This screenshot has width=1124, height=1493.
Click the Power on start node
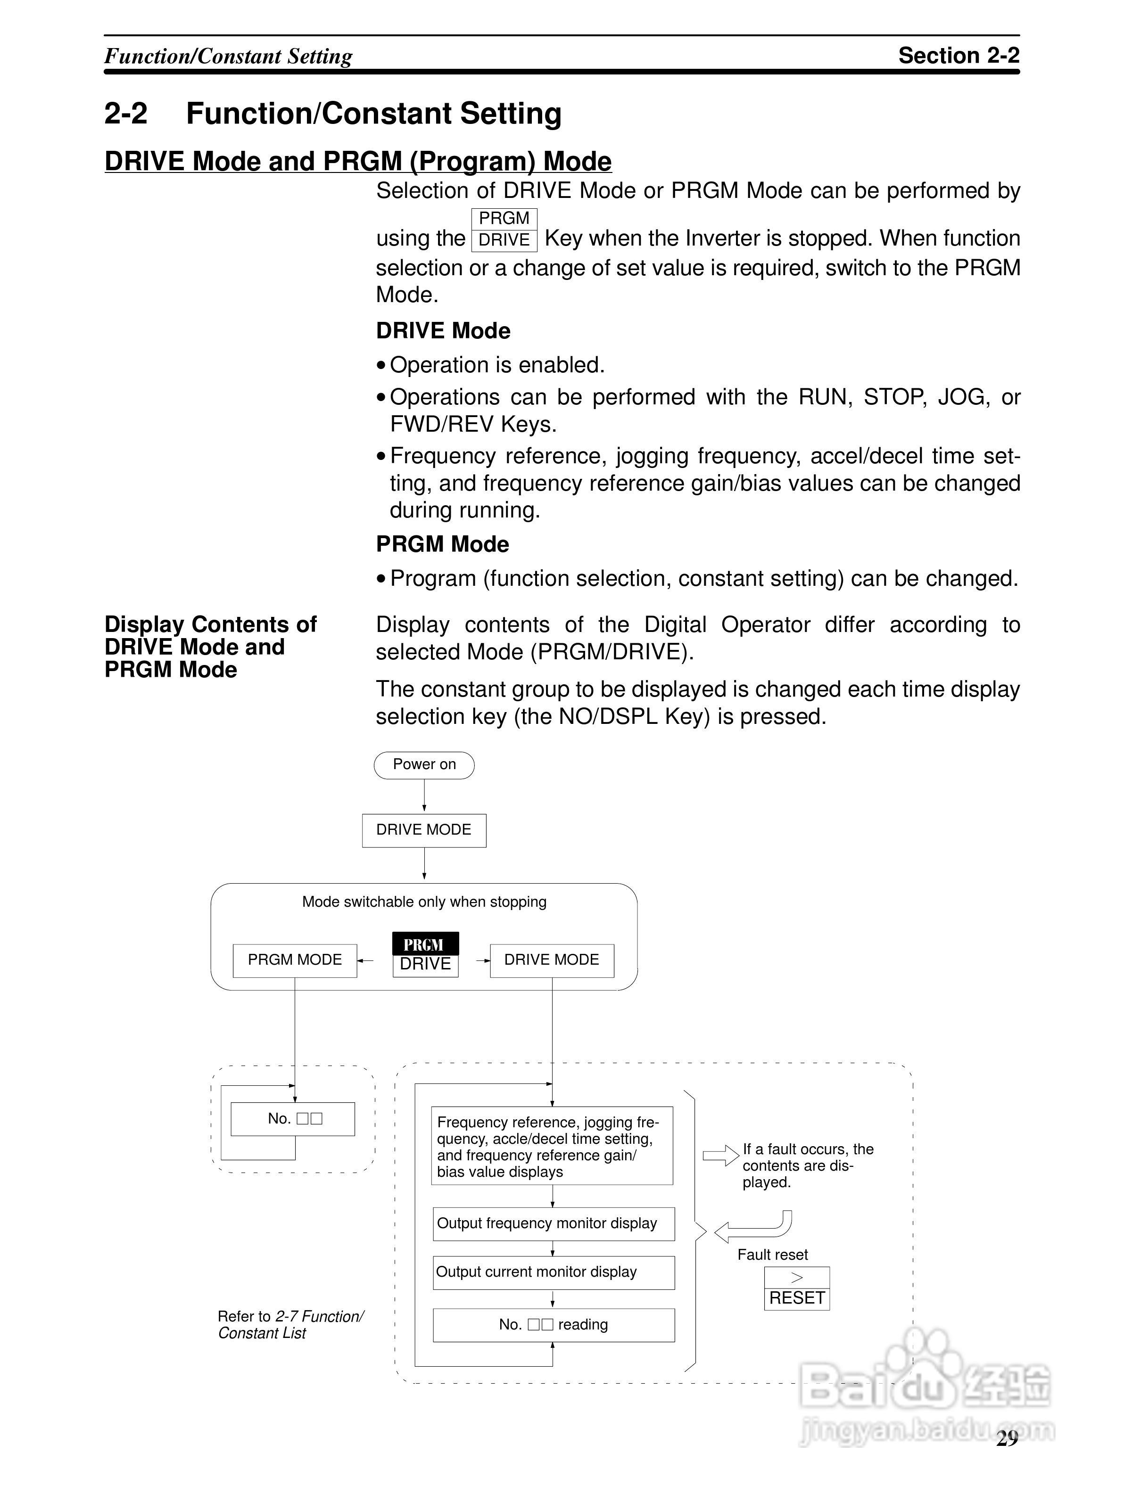(x=424, y=765)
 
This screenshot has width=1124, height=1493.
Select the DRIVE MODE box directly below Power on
(x=424, y=830)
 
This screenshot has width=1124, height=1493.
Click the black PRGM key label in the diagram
(x=425, y=943)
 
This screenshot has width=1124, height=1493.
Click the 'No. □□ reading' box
(x=553, y=1325)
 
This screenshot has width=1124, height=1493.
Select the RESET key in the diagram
(x=797, y=1298)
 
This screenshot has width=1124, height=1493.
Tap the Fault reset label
(x=772, y=1255)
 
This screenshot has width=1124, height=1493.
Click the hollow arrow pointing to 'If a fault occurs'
(x=721, y=1156)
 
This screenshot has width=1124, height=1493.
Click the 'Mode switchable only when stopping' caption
(x=424, y=902)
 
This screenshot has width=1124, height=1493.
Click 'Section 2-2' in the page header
(x=958, y=55)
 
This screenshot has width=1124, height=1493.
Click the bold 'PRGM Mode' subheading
(x=442, y=544)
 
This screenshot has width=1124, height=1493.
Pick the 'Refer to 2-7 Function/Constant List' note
(x=290, y=1324)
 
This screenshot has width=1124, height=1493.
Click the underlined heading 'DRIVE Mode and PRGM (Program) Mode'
(x=358, y=161)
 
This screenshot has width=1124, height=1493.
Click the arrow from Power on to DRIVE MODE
(x=424, y=796)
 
